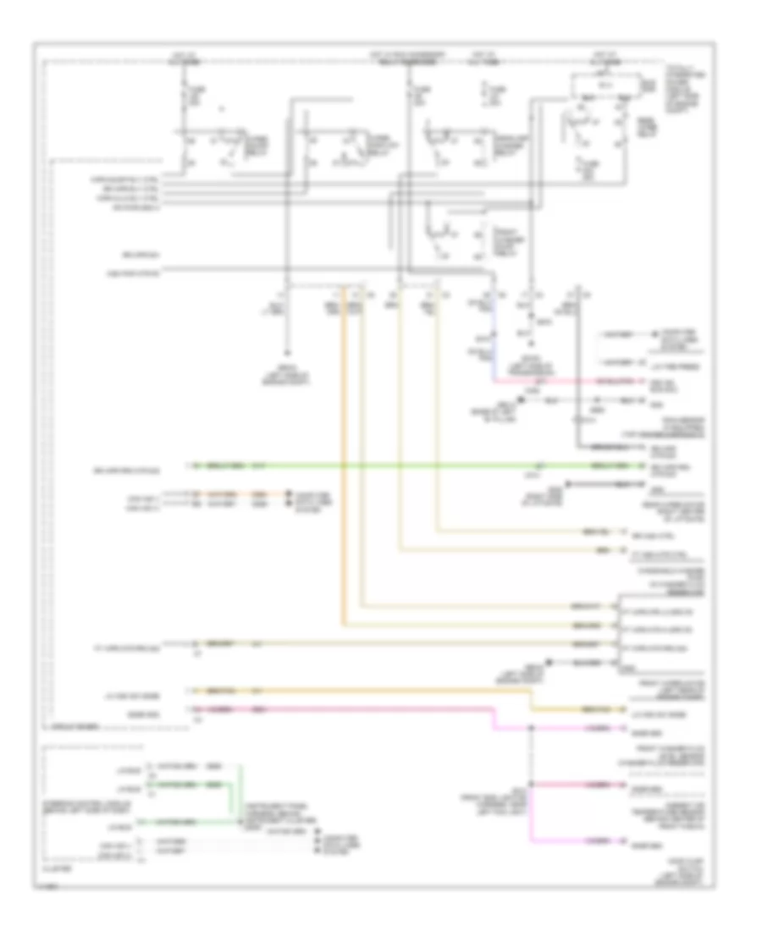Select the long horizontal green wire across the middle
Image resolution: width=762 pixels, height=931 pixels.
(x=381, y=466)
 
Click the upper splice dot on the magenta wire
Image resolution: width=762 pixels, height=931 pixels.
(x=531, y=727)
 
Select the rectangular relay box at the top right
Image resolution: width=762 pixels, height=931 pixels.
(x=601, y=85)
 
